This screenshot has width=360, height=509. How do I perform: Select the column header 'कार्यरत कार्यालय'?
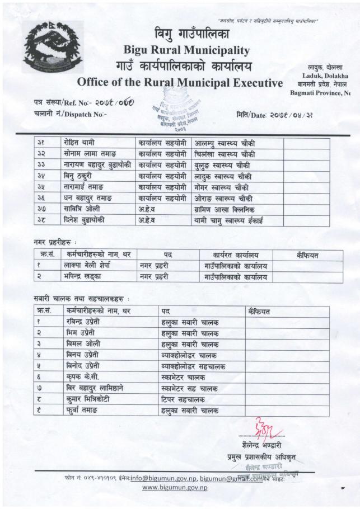tap(236, 255)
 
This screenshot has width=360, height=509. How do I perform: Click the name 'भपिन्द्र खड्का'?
tap(87, 277)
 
